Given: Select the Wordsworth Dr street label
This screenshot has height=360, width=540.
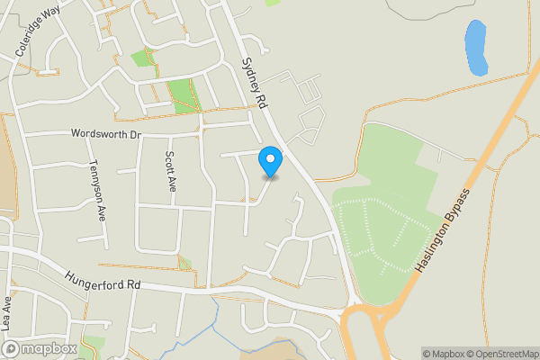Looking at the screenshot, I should [107, 134].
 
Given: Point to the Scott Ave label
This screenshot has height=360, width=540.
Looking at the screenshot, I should [170, 171].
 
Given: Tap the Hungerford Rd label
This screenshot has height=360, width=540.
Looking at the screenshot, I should [103, 282].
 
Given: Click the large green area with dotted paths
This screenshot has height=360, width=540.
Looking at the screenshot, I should [387, 225].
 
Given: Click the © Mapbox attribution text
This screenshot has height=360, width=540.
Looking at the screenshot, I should [442, 354].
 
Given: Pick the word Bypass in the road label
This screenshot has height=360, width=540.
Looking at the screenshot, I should [457, 211].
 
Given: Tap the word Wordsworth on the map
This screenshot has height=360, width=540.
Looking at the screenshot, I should [99, 134].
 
